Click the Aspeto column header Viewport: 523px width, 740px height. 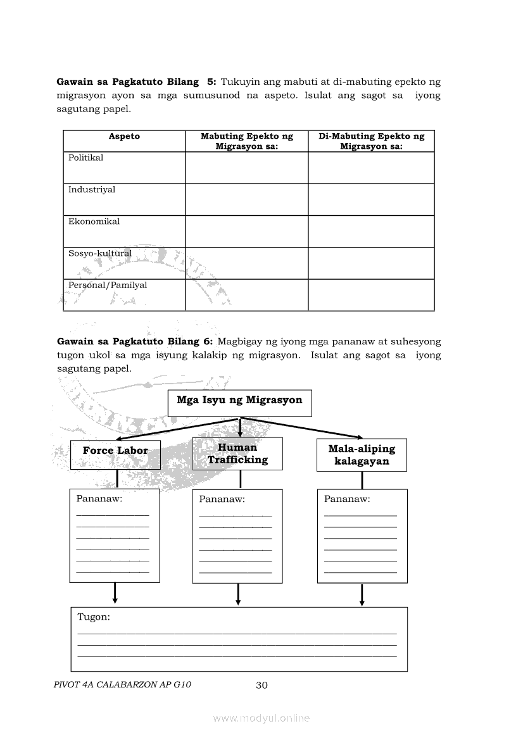124,136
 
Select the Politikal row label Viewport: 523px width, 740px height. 85,158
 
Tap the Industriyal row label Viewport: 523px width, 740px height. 92,189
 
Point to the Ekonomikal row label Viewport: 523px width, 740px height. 94,222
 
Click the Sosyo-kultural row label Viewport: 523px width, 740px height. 100,253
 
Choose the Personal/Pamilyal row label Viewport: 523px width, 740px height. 108,285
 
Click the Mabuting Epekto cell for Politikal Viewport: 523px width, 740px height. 246,168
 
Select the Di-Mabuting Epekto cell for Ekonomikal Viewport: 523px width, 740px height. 371,231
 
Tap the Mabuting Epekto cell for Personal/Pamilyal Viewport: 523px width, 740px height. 246,295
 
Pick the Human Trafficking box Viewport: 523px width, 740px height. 237,453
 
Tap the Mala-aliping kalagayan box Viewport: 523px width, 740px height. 362,455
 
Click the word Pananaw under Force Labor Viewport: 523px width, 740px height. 99,498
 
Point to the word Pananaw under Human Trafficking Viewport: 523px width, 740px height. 222,499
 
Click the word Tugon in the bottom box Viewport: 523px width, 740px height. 94,617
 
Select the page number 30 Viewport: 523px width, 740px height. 262,685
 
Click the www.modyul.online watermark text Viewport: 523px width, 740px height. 261,718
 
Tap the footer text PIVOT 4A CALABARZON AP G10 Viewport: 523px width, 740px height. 123,684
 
